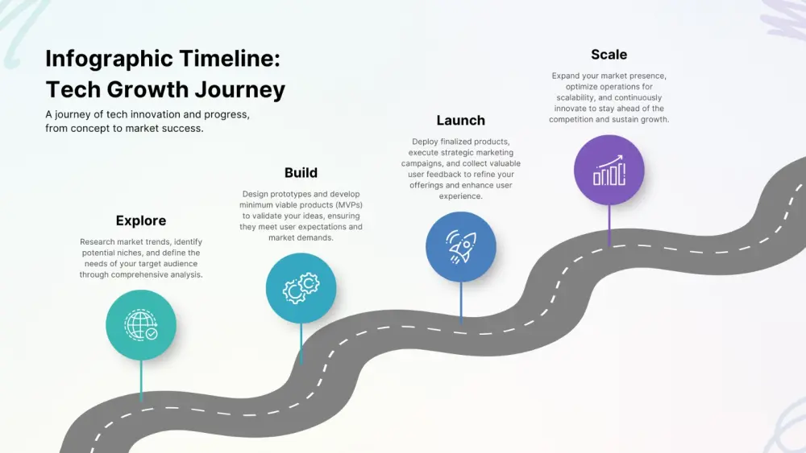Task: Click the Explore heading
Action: tap(141, 220)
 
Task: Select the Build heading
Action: tap(301, 172)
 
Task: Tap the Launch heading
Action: tap(460, 120)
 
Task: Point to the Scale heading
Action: tap(609, 55)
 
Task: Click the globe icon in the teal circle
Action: tap(141, 325)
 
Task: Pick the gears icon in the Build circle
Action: tap(301, 288)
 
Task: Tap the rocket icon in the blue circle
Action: tap(461, 247)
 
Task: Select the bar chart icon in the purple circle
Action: tap(609, 170)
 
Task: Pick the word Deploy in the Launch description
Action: tap(425, 142)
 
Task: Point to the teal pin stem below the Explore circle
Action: tap(141, 380)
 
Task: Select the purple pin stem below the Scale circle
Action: tap(609, 224)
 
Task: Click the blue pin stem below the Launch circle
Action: tap(461, 302)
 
